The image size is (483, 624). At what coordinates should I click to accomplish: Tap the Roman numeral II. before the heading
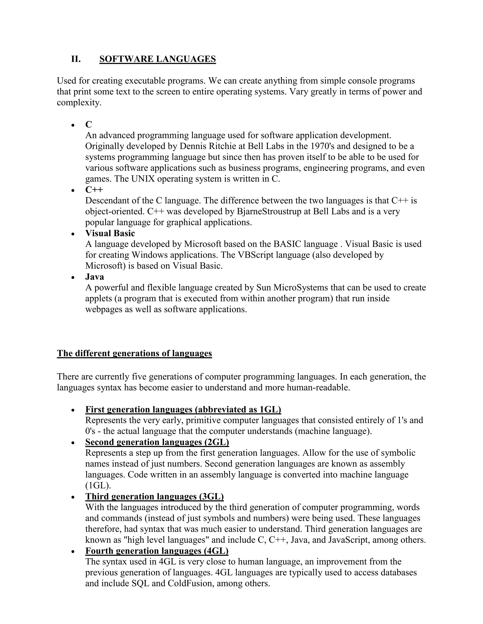coord(76,59)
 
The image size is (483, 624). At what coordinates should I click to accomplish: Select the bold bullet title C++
coord(94,190)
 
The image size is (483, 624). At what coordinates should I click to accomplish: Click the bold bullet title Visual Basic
coord(110,233)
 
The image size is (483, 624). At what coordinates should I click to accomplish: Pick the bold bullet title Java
coord(94,277)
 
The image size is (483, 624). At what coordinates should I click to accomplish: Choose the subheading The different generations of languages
coord(134,353)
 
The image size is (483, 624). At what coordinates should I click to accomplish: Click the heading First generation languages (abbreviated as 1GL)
coord(183,409)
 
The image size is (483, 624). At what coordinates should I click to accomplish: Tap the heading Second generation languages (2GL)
coord(157,442)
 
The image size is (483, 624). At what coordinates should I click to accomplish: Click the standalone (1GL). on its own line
coord(98,486)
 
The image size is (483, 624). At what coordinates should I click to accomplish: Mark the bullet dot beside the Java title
coord(73,277)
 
